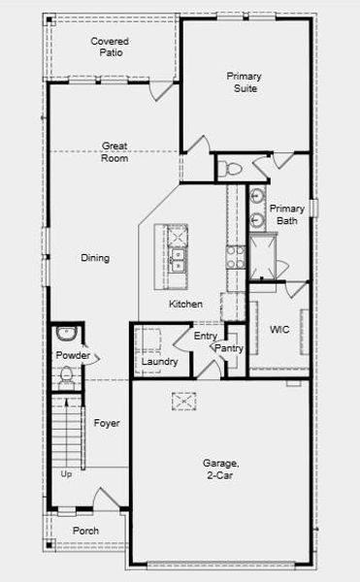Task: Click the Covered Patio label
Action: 110,48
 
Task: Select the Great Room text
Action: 115,152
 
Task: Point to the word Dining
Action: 95,258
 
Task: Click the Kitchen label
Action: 185,305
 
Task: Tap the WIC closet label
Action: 279,330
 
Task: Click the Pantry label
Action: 229,348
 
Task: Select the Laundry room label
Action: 159,362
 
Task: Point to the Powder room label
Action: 72,356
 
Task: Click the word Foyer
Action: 107,423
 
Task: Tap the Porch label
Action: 85,531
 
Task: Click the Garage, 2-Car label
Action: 220,469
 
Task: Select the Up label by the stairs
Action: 66,474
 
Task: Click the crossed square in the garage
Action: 184,399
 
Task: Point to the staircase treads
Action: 65,433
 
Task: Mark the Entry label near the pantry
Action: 205,336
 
